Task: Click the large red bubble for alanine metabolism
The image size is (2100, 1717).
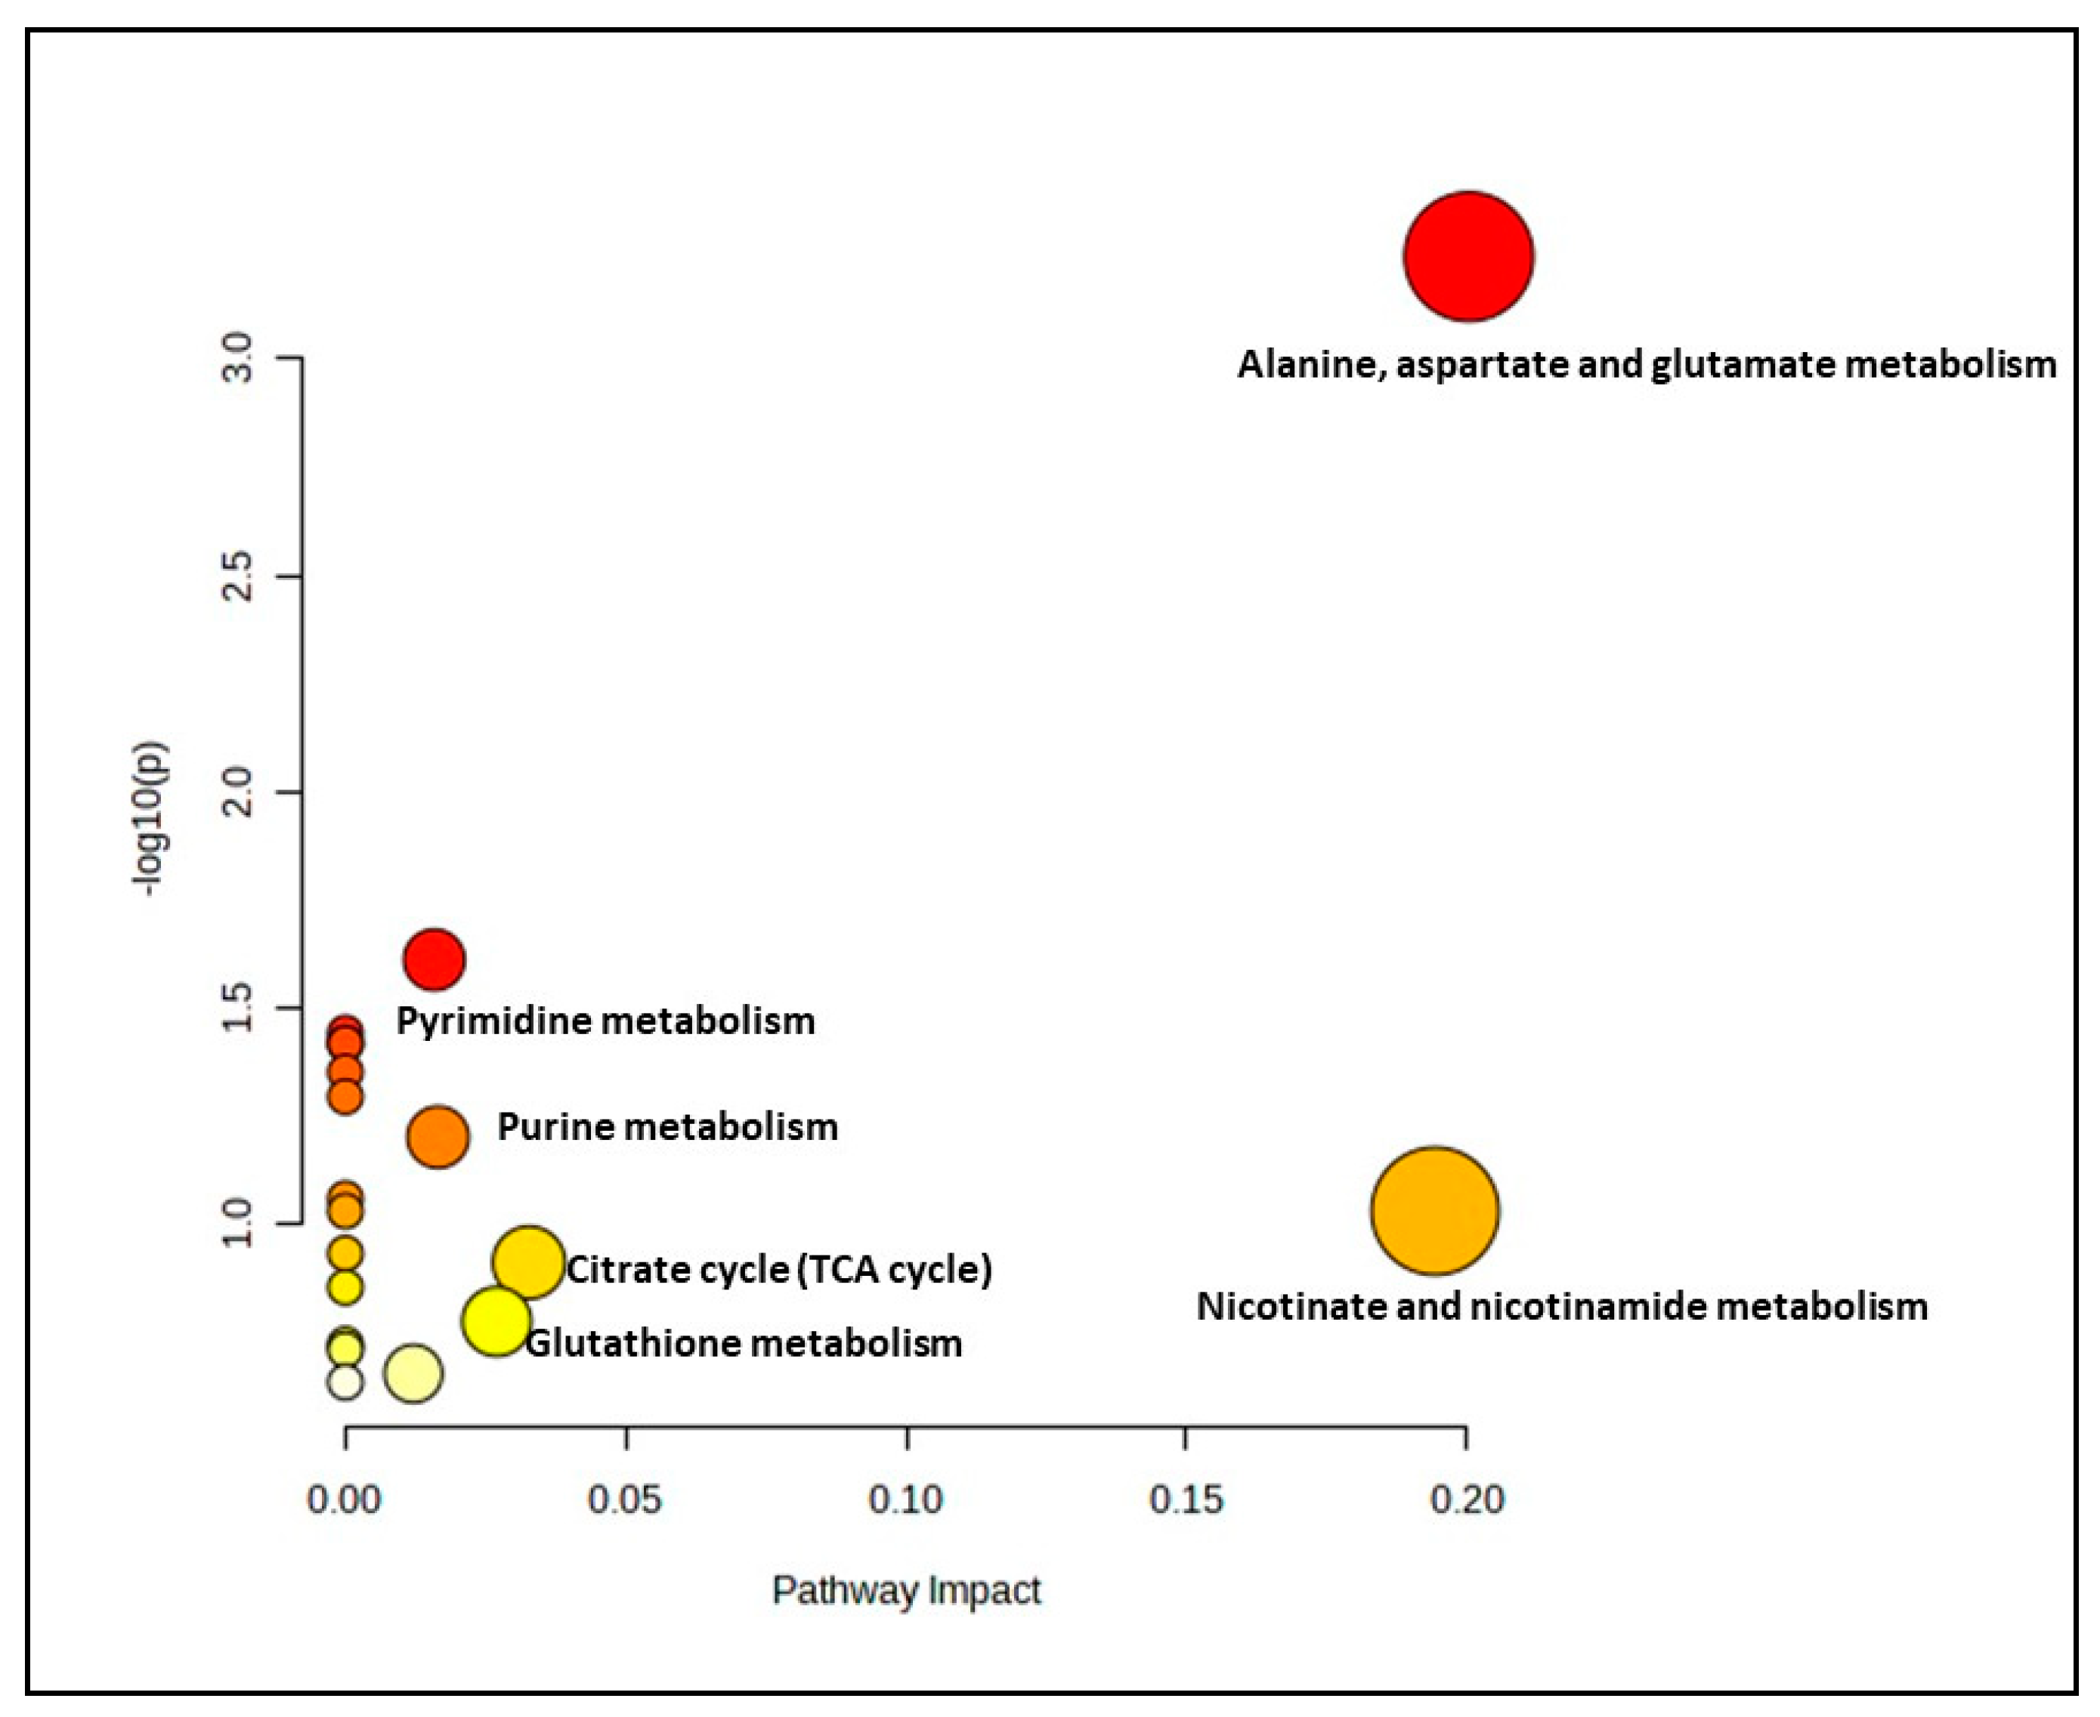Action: click(x=1468, y=256)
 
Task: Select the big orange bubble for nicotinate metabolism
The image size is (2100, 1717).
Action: click(x=1434, y=1211)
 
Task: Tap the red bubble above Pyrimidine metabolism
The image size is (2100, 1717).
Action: click(x=433, y=959)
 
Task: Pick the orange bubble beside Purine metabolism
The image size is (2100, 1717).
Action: click(x=438, y=1136)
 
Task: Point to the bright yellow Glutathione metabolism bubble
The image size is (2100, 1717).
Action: click(x=494, y=1320)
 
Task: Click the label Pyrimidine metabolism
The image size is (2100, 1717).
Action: click(x=605, y=1021)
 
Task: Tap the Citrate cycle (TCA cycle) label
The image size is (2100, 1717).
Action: click(x=778, y=1269)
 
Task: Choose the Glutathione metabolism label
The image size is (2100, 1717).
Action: click(x=743, y=1343)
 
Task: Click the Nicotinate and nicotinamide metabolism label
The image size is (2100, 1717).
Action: click(x=1562, y=1307)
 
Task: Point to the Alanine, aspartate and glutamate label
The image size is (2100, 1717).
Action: click(x=1646, y=365)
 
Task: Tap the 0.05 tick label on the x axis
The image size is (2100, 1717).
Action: click(x=624, y=1499)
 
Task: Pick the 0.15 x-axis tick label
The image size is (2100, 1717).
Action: click(x=1186, y=1499)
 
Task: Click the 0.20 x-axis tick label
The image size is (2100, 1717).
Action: click(x=1467, y=1499)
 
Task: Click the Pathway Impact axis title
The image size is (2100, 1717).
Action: click(x=906, y=1590)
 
